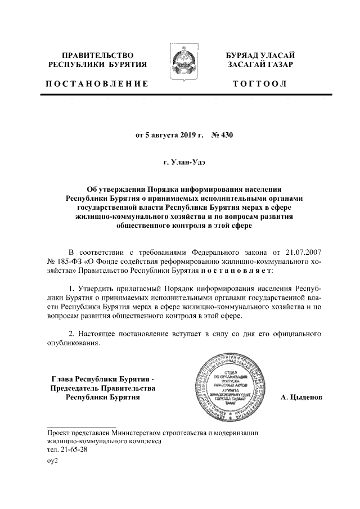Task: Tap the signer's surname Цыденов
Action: [x=301, y=398]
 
